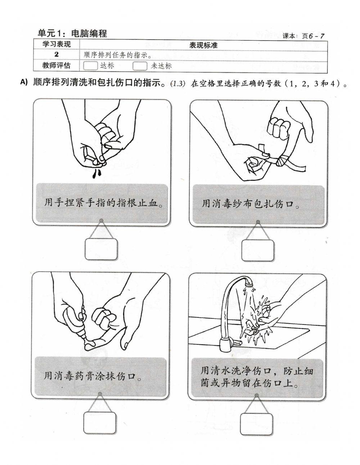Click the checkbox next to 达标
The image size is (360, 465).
coord(90,66)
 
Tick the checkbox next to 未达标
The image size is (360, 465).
coord(140,66)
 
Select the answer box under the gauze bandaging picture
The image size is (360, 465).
coord(257,250)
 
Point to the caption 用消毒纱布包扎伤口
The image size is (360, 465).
coord(251,204)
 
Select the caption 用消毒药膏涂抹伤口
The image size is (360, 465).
coord(93,376)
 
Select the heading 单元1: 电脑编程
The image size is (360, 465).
coord(72,33)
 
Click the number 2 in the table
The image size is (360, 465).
coord(57,55)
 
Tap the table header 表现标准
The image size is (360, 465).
coord(203,45)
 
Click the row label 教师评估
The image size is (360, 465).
coord(57,66)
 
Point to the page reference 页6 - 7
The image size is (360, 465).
coord(313,36)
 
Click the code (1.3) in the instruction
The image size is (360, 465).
coord(177,84)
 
